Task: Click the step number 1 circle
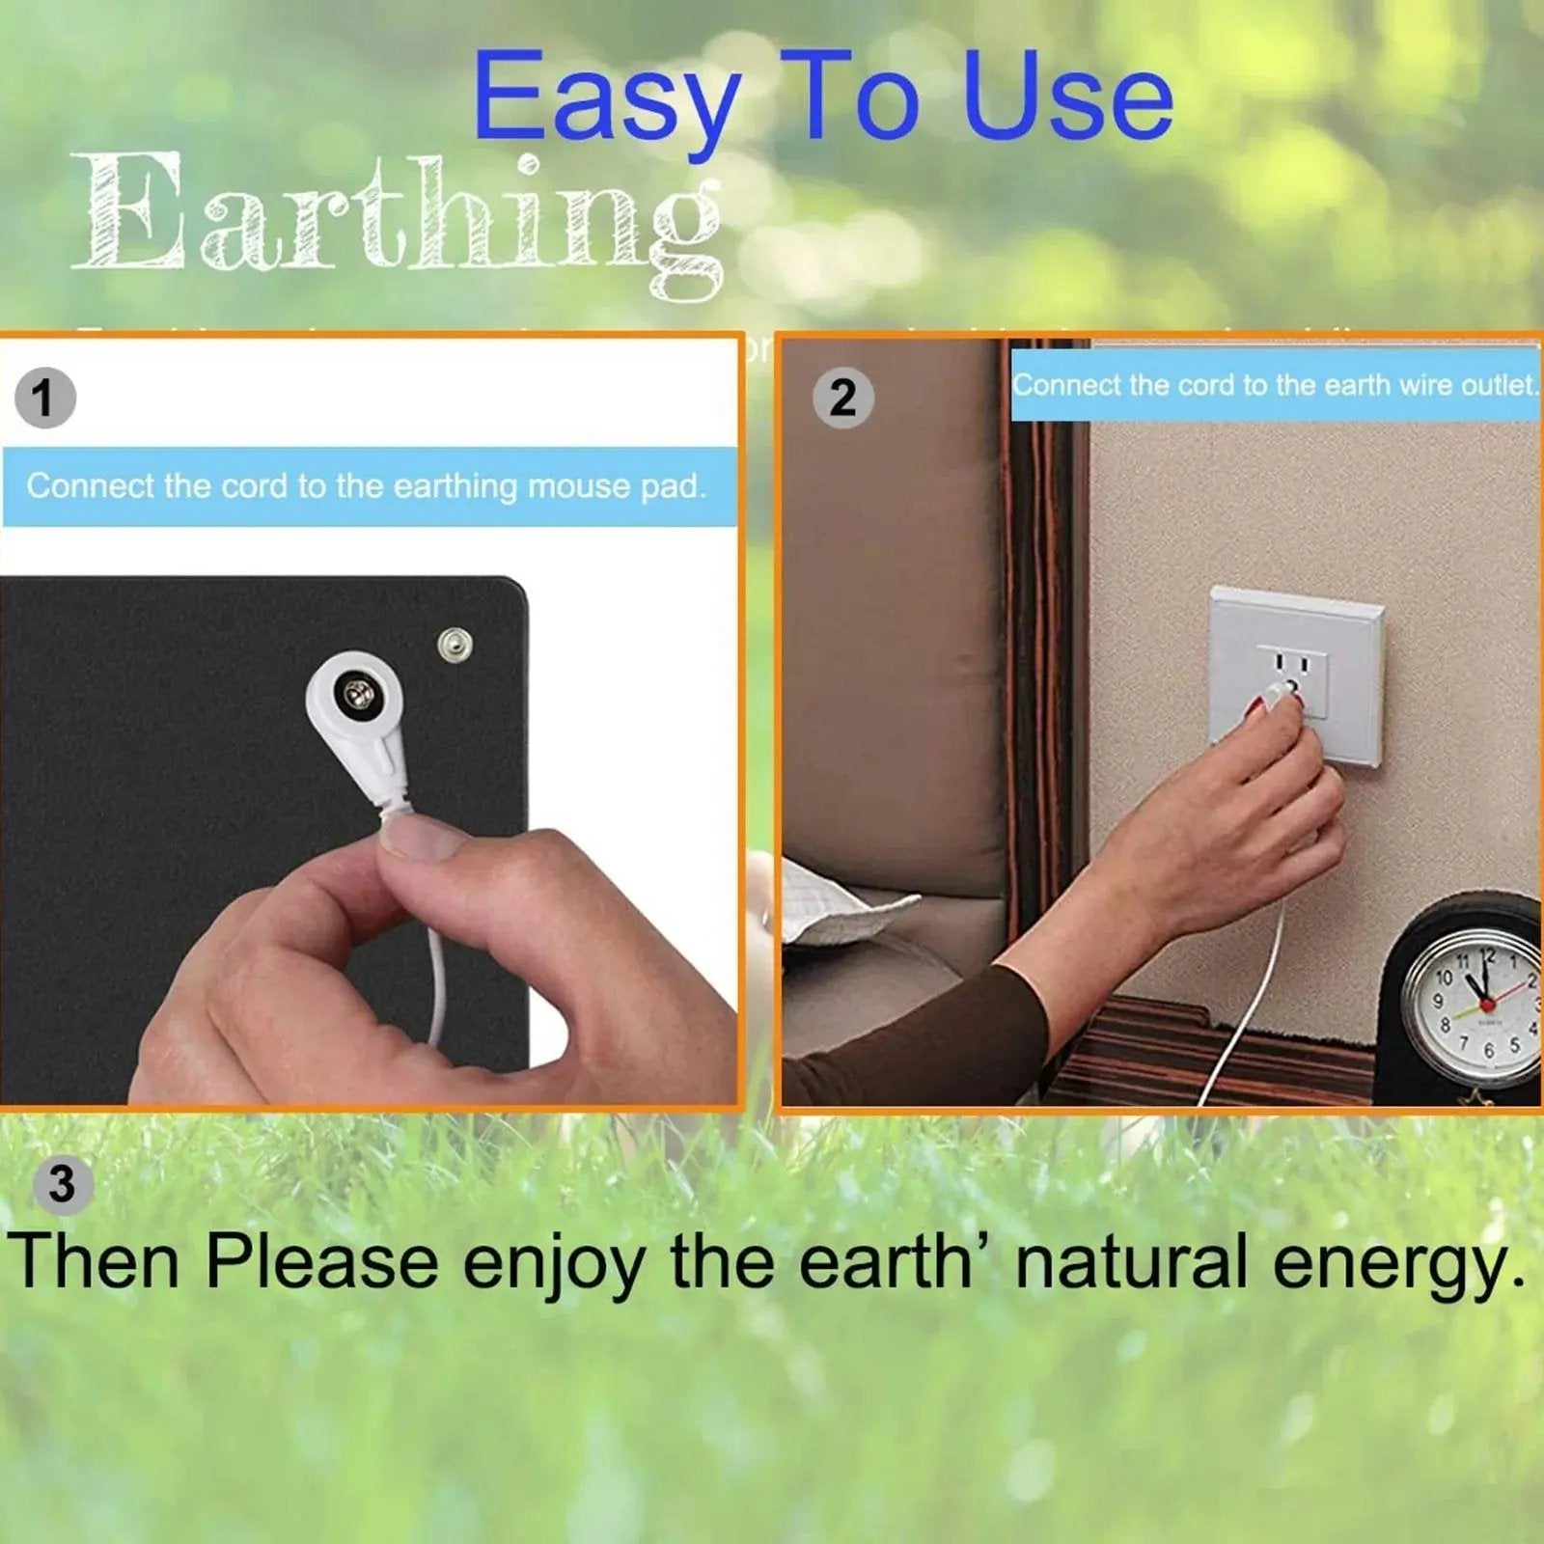pos(44,398)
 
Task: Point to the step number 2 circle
pos(842,398)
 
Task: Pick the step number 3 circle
pos(62,1184)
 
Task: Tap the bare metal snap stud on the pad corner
pos(455,642)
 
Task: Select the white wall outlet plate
pos(1296,675)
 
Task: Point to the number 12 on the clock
pos(1487,956)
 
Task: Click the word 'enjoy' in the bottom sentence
pos(554,1264)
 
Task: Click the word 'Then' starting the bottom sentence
pos(94,1262)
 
